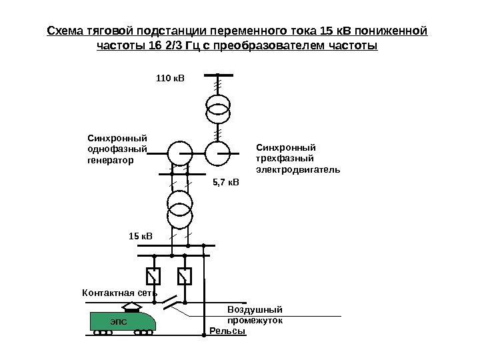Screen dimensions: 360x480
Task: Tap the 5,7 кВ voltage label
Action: pyautogui.click(x=225, y=181)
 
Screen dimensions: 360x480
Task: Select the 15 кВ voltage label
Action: pyautogui.click(x=140, y=235)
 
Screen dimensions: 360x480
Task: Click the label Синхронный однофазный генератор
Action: pyautogui.click(x=117, y=149)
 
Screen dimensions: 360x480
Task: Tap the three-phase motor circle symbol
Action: pyautogui.click(x=217, y=153)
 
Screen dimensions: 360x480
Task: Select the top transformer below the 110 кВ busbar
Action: pyautogui.click(x=217, y=109)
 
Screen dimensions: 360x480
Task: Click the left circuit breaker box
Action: pyautogui.click(x=154, y=275)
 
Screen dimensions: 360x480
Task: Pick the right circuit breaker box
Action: pyautogui.click(x=185, y=275)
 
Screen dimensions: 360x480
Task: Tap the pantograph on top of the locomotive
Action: pyautogui.click(x=133, y=307)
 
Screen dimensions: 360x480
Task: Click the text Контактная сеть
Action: pyautogui.click(x=119, y=292)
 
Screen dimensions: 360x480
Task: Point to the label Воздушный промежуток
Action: pyautogui.click(x=255, y=315)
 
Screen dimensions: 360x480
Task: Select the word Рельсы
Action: pyautogui.click(x=227, y=331)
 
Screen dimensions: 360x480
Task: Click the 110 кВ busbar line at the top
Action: pyautogui.click(x=217, y=75)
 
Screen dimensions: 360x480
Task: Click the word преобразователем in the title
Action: pyautogui.click(x=269, y=46)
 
